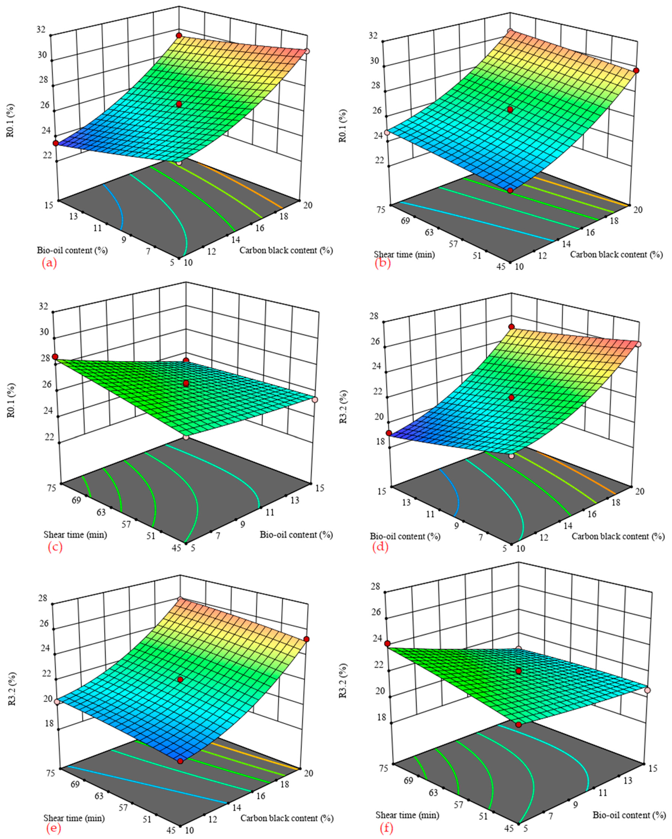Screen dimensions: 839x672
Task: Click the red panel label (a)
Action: point(49,263)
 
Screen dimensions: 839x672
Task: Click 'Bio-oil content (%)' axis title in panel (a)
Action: point(72,250)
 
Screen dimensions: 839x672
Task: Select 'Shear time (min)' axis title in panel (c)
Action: point(75,534)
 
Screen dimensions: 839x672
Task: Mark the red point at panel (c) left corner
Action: point(55,357)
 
